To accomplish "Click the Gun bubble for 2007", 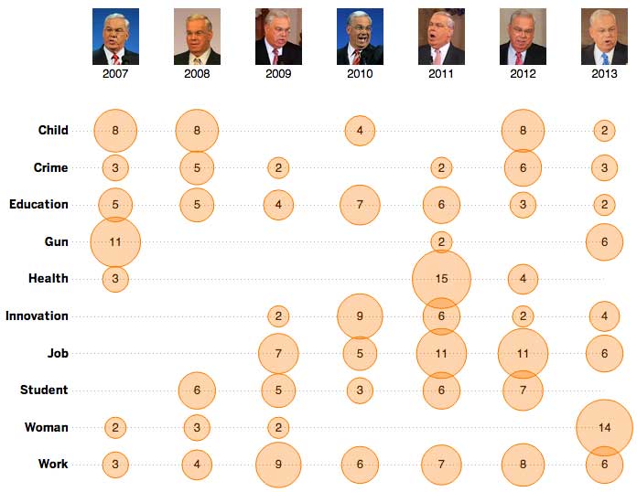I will point(115,241).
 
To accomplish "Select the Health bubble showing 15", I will point(441,279).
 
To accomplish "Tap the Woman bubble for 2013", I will point(604,427).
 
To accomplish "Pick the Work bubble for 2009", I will point(278,465).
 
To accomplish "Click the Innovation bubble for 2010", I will point(360,316).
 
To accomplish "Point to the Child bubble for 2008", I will point(197,130).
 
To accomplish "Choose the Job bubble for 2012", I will point(523,353).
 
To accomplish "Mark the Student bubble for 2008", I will point(197,390).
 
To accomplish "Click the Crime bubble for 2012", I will point(523,167).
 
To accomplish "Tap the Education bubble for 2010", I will point(360,204).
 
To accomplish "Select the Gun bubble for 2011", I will point(441,241).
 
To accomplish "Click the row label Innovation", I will point(37,316).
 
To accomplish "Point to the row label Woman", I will point(47,427).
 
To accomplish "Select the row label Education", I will point(38,204).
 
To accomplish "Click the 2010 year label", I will point(360,73).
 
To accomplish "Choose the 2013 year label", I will point(604,73).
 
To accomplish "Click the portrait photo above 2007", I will point(115,37).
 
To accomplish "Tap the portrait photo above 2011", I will point(441,37).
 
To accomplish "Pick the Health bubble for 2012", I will point(523,279).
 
